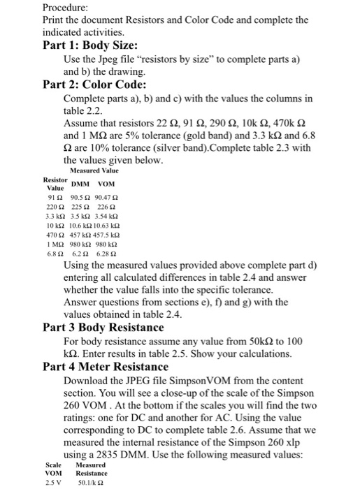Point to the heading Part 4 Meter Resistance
[x=106, y=366]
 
